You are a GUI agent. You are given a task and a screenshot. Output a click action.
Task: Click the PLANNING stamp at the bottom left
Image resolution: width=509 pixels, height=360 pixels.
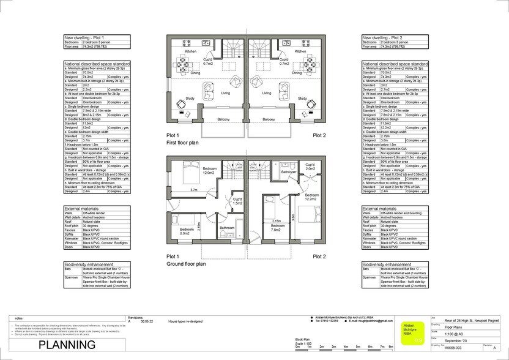(x=67, y=345)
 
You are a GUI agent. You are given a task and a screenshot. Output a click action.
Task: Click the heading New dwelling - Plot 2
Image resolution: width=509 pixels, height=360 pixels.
(x=384, y=37)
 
